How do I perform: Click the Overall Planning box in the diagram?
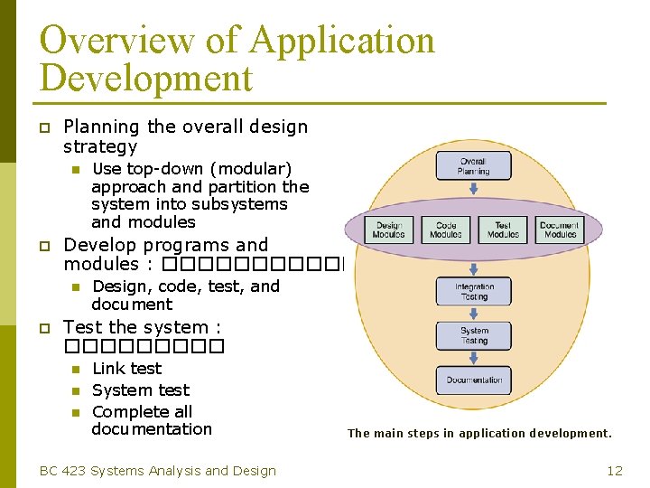(x=473, y=166)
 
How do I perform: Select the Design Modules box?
(x=389, y=230)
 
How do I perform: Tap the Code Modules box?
(x=446, y=230)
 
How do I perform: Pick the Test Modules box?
(x=503, y=230)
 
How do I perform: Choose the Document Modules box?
(x=560, y=230)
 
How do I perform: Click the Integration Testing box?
(x=473, y=291)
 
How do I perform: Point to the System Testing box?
(x=473, y=335)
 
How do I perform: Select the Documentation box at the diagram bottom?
(x=473, y=380)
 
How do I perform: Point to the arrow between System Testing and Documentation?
(x=473, y=357)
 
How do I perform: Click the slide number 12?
(x=615, y=470)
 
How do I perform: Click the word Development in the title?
(x=145, y=79)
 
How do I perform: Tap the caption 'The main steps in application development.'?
(x=479, y=434)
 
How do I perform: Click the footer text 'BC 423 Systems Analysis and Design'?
(x=158, y=470)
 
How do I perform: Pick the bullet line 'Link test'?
(x=127, y=369)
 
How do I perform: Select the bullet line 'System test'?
(x=141, y=390)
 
